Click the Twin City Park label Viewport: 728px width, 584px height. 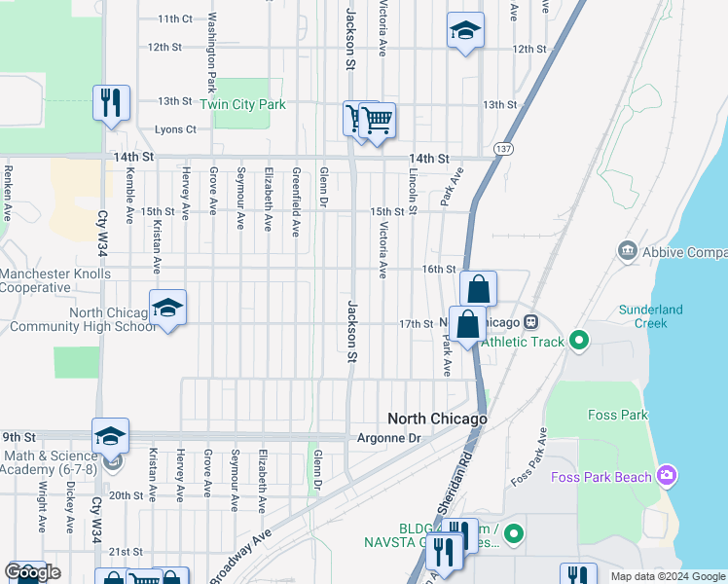click(x=243, y=104)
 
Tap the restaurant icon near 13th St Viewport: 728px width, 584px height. click(x=110, y=101)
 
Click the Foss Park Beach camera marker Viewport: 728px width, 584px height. click(x=667, y=476)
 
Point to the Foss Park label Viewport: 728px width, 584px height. click(x=617, y=415)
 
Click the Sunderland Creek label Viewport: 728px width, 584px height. click(x=650, y=315)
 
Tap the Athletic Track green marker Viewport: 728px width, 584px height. click(x=580, y=341)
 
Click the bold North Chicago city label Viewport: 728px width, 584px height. click(x=436, y=419)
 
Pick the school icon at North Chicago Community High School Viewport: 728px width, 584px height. click(x=167, y=308)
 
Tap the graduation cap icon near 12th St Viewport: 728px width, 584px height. click(x=465, y=29)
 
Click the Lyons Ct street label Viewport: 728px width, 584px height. click(x=175, y=129)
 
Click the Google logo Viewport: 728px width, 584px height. click(x=32, y=572)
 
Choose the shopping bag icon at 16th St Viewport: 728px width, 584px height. click(x=478, y=288)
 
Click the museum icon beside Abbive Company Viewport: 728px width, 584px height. click(x=627, y=252)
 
